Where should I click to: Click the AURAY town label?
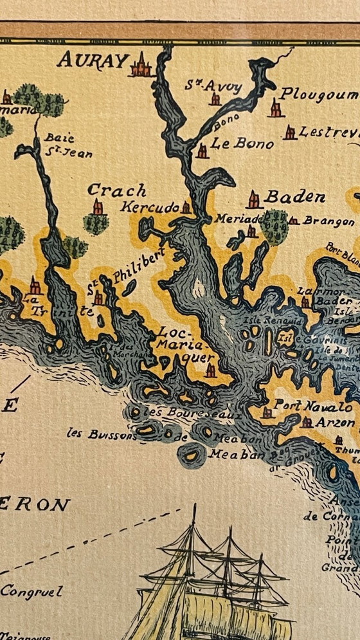[x=93, y=60]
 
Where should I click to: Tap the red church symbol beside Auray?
[x=140, y=65]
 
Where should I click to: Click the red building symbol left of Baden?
[x=254, y=200]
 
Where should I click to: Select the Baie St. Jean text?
[x=67, y=145]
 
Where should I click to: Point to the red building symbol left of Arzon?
[x=307, y=423]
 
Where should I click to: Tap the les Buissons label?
[x=102, y=434]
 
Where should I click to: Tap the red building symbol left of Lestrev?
[x=290, y=133]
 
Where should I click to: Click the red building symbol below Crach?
[x=97, y=207]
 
